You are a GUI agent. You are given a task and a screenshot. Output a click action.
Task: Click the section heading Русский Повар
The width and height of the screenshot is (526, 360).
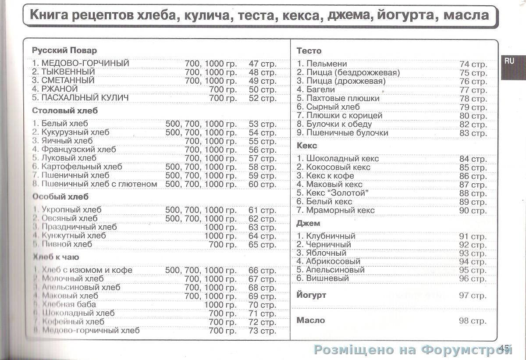pos(64,50)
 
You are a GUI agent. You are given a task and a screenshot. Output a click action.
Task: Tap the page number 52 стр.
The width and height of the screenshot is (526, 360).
pos(263,98)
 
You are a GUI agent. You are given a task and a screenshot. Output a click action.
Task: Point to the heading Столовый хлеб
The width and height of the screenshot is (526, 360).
pos(65,111)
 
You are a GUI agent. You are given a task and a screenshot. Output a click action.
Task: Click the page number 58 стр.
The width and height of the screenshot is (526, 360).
pos(263,167)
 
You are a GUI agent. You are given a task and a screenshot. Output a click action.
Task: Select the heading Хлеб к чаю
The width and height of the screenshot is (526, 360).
pos(56,257)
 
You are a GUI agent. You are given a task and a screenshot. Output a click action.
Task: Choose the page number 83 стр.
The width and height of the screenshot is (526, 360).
pos(473,133)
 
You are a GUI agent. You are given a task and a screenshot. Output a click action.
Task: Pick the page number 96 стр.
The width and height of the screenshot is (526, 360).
pos(473,278)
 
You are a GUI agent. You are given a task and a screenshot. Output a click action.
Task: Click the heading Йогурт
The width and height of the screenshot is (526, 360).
pos(311,295)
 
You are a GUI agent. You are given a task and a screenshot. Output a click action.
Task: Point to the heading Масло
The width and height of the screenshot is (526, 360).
pos(311,321)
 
